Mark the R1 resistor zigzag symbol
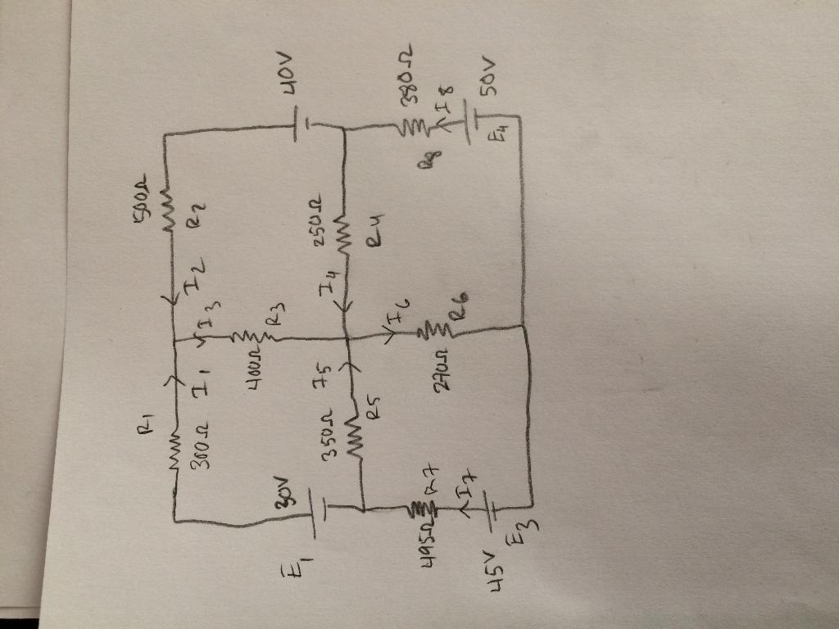click(x=175, y=442)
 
